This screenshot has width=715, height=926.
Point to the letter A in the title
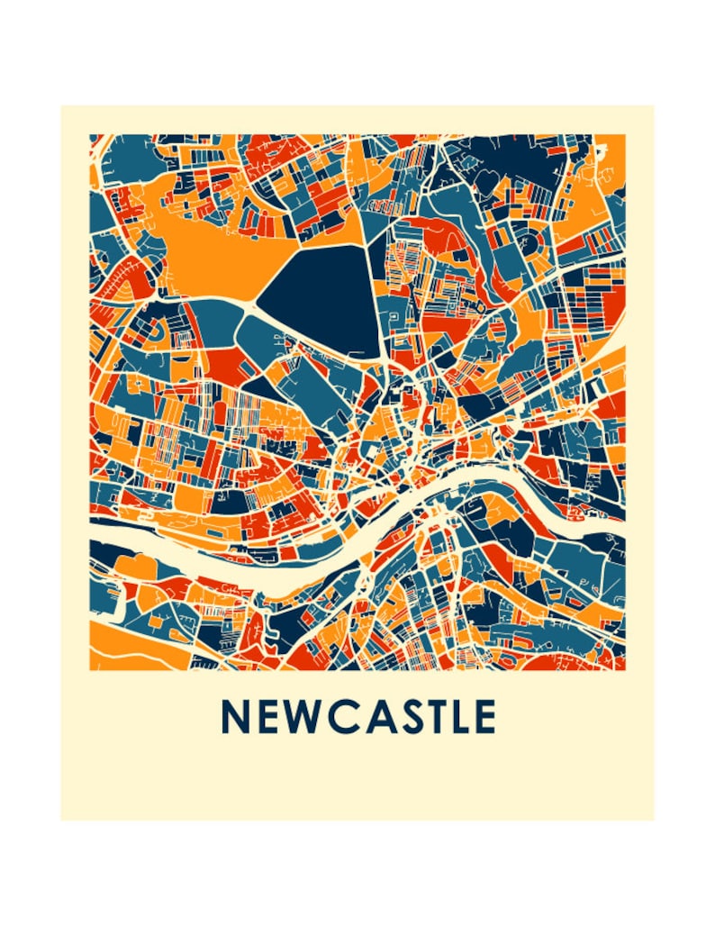click(x=375, y=717)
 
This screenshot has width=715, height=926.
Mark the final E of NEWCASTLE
click(x=485, y=717)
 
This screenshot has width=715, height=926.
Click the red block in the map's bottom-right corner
click(x=576, y=661)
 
